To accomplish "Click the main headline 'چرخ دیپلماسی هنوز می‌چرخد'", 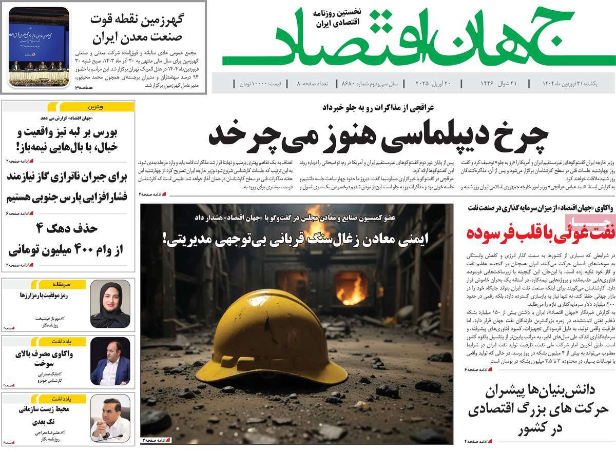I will point(378,134).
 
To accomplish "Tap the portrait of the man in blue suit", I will point(110,361).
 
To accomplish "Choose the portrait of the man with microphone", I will point(110,418).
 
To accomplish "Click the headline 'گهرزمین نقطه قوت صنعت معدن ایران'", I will point(137,29).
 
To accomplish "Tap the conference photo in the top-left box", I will point(39,47).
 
